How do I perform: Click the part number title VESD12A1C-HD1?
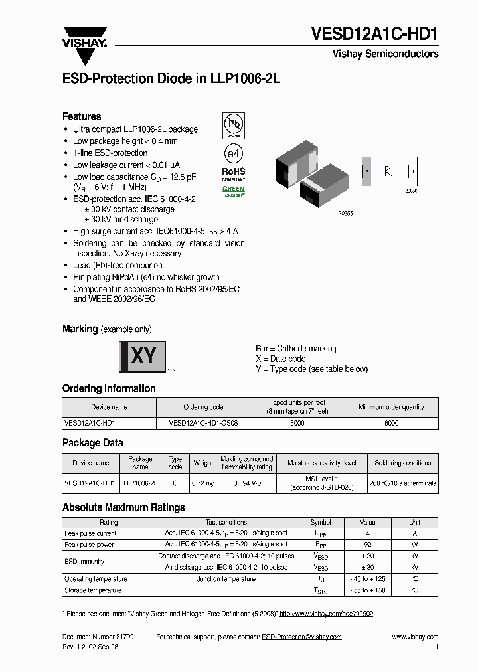[375, 34]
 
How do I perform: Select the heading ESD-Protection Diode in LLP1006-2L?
[171, 78]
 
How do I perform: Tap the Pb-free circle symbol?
[233, 124]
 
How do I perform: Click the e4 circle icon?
[234, 153]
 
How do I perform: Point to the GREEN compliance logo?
[233, 191]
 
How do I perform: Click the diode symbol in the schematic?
[388, 171]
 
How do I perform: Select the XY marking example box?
[142, 357]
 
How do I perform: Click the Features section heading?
[82, 116]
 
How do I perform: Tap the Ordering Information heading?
[109, 388]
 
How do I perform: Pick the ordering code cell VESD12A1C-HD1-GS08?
[203, 422]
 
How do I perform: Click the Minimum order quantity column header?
[392, 407]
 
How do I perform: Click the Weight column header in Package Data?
[203, 463]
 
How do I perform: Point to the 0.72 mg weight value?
[203, 483]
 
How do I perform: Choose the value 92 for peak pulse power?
[368, 545]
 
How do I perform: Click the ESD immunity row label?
[84, 562]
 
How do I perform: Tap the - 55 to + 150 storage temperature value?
[368, 590]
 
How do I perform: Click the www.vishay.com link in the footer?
[415, 637]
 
